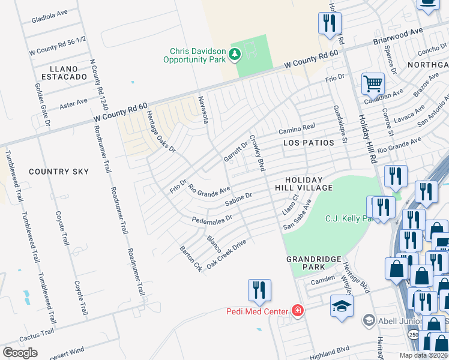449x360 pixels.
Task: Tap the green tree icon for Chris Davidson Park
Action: click(234, 56)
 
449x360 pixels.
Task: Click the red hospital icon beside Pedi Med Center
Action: click(297, 311)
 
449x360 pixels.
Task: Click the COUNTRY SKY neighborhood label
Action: click(59, 172)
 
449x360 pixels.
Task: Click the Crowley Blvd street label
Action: click(256, 152)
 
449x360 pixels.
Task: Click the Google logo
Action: click(20, 353)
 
